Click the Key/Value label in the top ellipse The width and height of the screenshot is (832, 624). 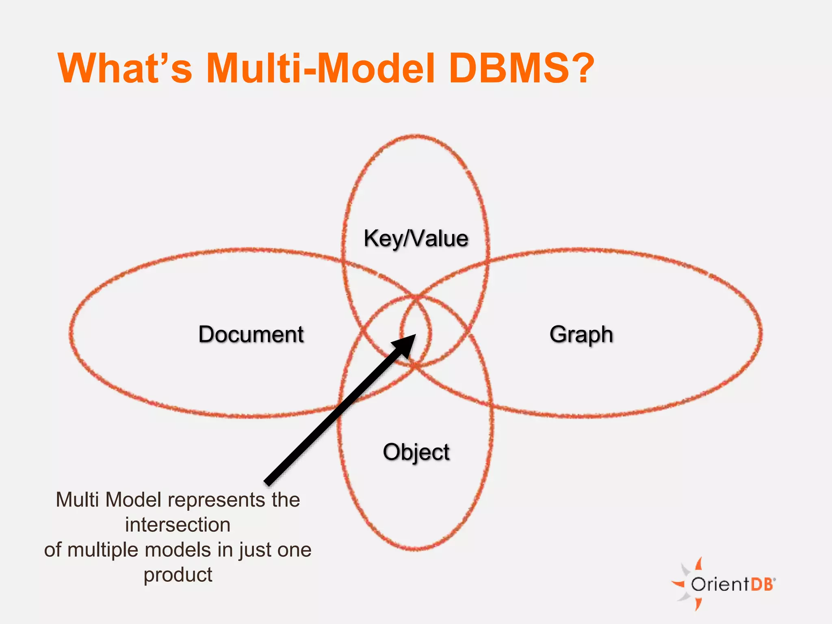point(416,238)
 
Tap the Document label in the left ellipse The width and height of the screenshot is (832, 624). point(251,334)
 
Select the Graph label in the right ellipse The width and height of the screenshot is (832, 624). point(581,334)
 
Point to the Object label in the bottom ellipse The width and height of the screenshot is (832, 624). point(416,452)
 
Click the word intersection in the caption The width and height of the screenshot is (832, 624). point(178,524)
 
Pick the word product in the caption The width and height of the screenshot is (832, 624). point(178,575)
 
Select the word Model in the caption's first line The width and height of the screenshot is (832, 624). point(134,500)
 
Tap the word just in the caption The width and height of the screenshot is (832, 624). point(252,550)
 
